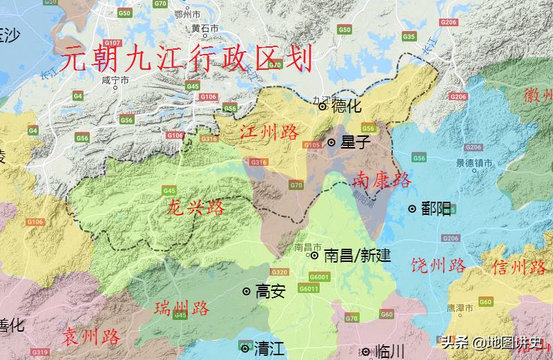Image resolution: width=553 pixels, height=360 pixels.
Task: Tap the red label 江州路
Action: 270,133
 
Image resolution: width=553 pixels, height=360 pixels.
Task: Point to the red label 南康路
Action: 382,180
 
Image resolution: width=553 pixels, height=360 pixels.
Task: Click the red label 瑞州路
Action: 182,307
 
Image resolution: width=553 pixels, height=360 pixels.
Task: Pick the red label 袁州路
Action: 92,337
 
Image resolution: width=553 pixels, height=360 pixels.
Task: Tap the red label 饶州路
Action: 438,265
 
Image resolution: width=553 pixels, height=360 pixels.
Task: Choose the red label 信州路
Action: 519,267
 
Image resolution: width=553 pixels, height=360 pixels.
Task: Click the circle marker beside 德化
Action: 322,106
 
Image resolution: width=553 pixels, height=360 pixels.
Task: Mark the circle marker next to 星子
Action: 331,142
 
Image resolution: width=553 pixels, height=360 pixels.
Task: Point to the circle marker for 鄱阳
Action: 412,209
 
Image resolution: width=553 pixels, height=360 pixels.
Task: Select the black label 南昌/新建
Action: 357,256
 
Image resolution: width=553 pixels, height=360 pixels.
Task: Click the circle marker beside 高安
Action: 246,292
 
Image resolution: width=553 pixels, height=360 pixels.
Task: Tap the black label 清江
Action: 269,348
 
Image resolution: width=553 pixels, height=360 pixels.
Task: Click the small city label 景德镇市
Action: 474,164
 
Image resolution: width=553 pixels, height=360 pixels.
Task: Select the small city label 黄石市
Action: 205,29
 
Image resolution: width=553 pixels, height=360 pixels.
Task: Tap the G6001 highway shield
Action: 319,277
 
